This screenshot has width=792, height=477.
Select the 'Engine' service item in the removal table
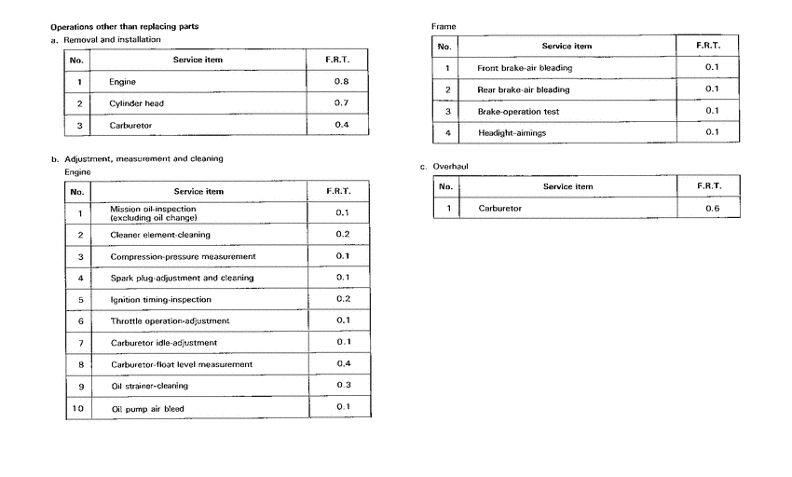(122, 82)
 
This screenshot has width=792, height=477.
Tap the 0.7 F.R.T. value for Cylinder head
(341, 102)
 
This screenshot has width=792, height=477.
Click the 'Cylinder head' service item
(136, 103)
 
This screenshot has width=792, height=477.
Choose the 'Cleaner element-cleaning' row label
(159, 235)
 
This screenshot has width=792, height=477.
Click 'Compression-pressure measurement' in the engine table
(183, 256)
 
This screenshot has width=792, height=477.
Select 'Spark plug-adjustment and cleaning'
(182, 278)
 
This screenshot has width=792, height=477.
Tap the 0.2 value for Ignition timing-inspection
(342, 299)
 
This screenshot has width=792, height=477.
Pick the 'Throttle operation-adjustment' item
(170, 321)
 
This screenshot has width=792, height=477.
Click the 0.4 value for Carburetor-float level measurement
(342, 363)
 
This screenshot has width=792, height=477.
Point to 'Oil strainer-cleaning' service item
(149, 386)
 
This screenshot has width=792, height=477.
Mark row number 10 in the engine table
(79, 408)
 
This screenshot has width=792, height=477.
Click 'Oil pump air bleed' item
(147, 408)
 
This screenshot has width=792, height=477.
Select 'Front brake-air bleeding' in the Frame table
(525, 68)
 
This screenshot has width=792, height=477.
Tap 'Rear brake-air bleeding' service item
(523, 89)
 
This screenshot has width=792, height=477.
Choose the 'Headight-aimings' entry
(512, 133)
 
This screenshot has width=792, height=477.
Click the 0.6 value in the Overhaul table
(712, 208)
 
